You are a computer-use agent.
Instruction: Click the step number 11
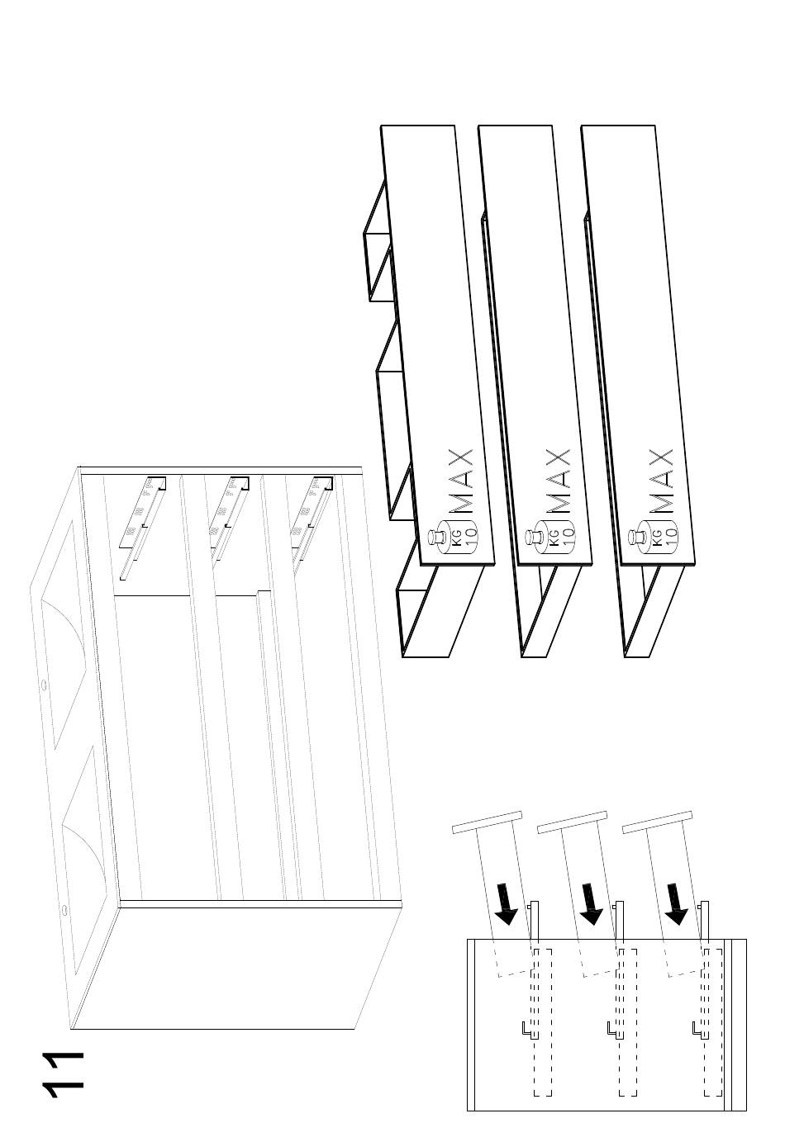(64, 1073)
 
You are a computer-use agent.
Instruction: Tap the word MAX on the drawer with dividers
(460, 481)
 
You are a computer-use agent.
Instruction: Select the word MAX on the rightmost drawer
(660, 481)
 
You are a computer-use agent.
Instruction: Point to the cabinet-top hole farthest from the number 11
(43, 684)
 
